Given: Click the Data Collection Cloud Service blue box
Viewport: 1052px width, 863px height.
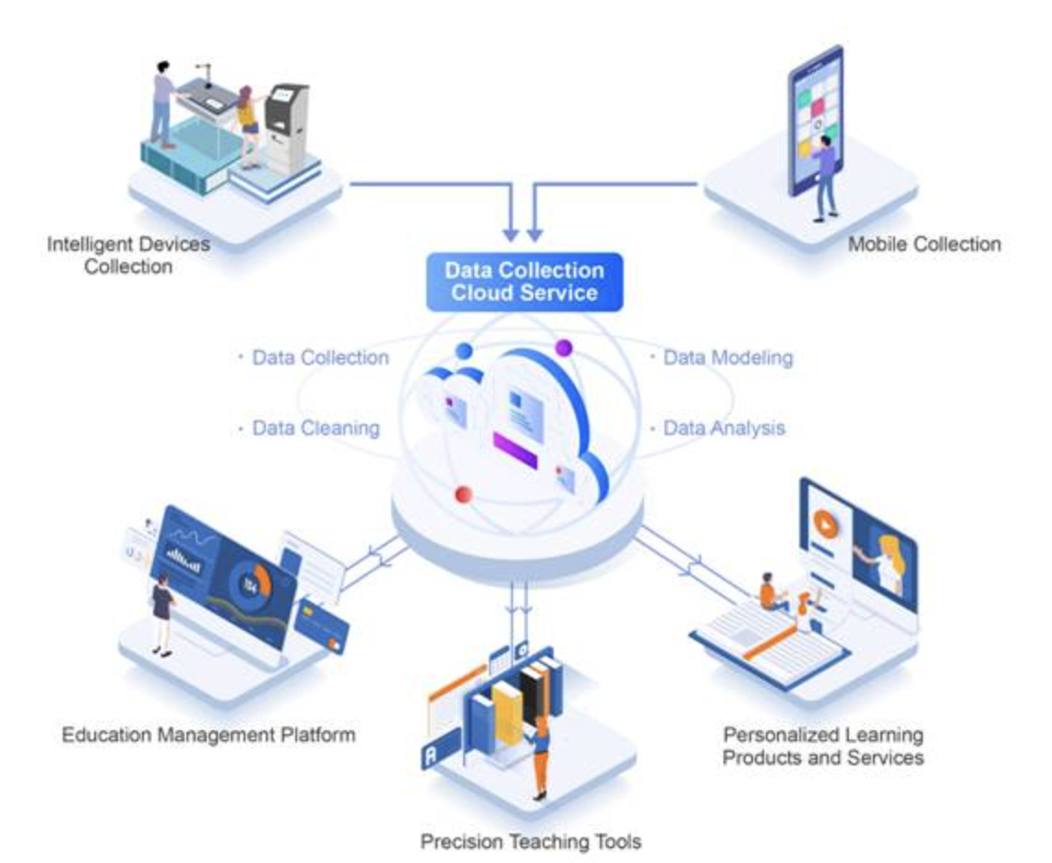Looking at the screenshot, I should pyautogui.click(x=524, y=282).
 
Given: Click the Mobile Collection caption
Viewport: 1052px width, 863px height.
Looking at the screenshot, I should pyautogui.click(x=924, y=244).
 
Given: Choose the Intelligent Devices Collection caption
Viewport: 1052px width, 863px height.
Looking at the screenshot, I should pyautogui.click(x=128, y=255).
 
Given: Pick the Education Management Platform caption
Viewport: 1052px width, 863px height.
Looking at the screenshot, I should pyautogui.click(x=209, y=736).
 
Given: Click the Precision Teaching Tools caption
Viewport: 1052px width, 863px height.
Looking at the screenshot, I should pyautogui.click(x=531, y=841).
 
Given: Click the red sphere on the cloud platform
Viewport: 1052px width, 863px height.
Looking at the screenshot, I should pyautogui.click(x=464, y=494).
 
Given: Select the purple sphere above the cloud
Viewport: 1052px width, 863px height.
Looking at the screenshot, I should pyautogui.click(x=563, y=348).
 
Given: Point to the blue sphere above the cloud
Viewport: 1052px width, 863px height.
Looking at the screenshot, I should pyautogui.click(x=463, y=350).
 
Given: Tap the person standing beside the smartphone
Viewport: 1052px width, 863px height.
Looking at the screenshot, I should pyautogui.click(x=824, y=180).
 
